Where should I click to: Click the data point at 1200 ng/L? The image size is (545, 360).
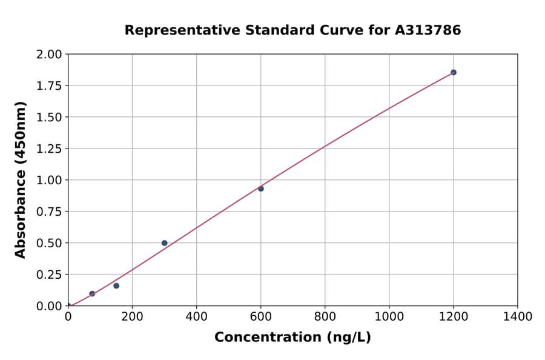[453, 72]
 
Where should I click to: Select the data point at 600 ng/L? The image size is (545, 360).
[261, 188]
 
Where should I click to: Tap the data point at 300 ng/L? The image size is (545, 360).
[164, 243]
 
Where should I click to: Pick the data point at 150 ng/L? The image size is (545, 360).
[116, 285]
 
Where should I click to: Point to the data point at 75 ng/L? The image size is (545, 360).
[92, 293]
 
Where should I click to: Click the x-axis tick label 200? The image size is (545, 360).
[132, 316]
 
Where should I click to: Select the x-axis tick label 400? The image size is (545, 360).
[196, 316]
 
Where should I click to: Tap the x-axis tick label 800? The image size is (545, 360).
[325, 316]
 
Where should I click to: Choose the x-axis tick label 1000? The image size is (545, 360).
[389, 316]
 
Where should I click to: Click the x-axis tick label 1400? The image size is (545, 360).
[517, 316]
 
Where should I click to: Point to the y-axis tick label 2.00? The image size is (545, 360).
[49, 55]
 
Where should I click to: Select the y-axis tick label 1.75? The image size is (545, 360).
[49, 86]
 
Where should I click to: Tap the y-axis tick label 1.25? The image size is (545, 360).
[49, 148]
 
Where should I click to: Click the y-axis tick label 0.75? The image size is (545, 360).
[49, 212]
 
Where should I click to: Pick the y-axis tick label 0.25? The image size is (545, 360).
[49, 275]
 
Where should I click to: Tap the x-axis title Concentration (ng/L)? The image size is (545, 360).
[292, 338]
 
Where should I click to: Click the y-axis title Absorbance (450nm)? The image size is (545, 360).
[21, 180]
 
